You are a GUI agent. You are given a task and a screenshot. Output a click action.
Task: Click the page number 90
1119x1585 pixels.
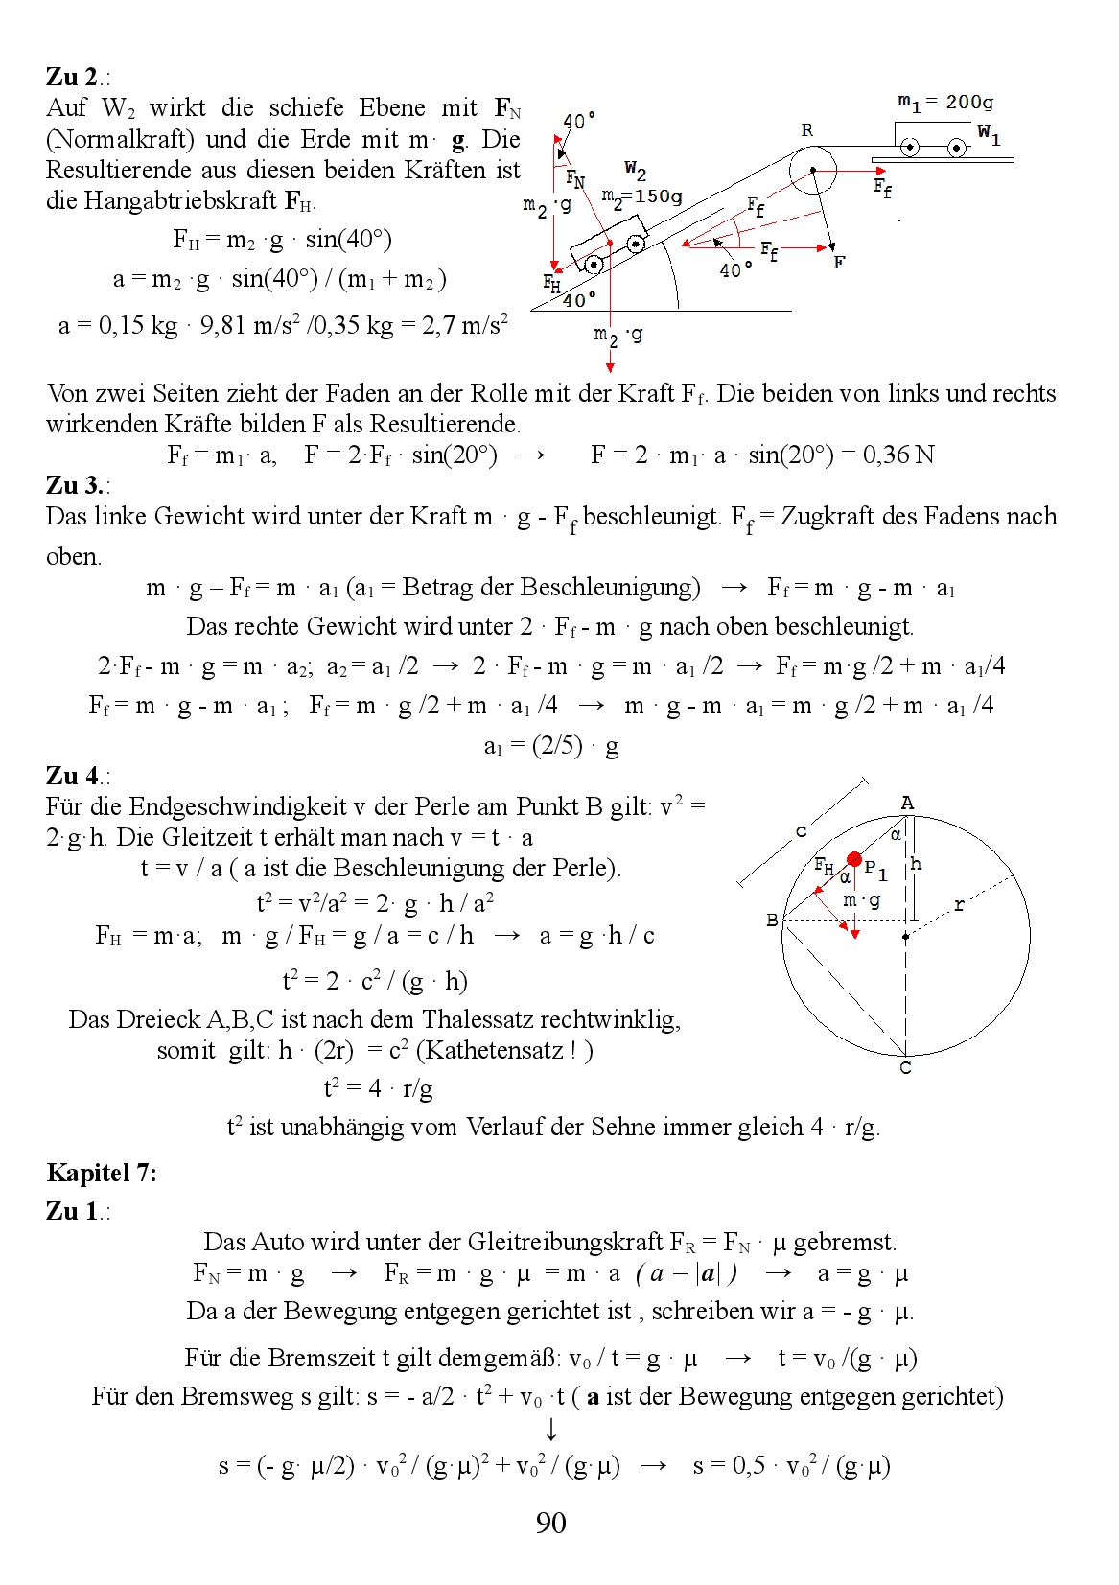pos(551,1524)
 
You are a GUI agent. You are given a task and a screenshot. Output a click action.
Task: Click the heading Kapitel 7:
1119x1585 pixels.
pos(102,1173)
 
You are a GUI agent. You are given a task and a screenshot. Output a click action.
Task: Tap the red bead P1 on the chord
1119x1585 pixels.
pos(853,859)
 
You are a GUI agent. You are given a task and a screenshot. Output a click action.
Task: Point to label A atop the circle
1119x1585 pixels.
pos(907,804)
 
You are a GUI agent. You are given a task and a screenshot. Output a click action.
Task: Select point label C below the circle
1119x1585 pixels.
pos(905,1068)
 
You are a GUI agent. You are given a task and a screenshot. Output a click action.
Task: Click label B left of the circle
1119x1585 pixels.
pos(772,921)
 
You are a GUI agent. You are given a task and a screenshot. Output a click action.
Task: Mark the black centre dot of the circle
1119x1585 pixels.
pos(905,937)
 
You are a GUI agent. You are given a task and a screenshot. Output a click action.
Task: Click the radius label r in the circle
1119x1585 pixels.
pos(959,904)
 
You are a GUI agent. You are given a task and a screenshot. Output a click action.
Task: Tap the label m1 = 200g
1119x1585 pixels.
pos(944,103)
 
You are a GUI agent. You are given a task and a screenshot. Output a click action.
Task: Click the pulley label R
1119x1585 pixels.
pos(807,130)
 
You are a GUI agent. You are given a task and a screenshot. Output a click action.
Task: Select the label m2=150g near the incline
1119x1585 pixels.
pos(641,198)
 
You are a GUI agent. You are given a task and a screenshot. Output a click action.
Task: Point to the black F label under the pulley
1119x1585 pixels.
pos(839,262)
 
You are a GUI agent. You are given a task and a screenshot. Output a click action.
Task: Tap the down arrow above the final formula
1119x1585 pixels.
pos(551,1430)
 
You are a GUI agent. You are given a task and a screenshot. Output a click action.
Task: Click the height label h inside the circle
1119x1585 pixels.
pos(916,864)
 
